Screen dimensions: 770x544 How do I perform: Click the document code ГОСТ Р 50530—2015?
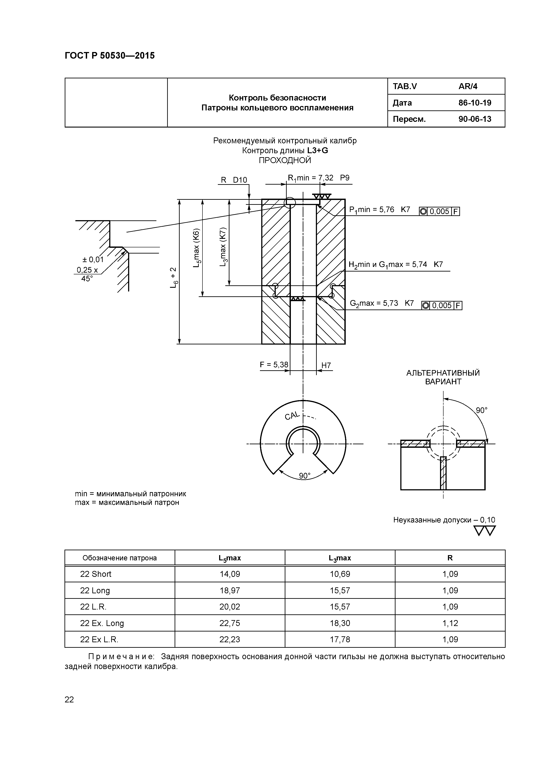click(x=110, y=56)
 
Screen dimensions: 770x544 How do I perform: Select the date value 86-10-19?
click(x=475, y=103)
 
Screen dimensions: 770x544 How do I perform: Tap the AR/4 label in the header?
click(x=468, y=86)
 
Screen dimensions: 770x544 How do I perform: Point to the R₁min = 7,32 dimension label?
click(x=310, y=178)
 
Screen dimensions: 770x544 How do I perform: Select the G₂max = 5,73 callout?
click(x=374, y=304)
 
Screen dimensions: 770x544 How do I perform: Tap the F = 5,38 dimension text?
click(x=274, y=365)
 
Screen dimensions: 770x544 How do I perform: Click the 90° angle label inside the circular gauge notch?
click(x=305, y=476)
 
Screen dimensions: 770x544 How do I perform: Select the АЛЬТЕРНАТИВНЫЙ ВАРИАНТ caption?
click(x=443, y=377)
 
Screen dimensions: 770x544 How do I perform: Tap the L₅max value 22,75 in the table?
click(x=230, y=623)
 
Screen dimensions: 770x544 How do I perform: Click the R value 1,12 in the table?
click(x=450, y=623)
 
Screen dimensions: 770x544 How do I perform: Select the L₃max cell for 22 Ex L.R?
click(x=340, y=640)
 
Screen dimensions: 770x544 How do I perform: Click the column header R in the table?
click(x=450, y=558)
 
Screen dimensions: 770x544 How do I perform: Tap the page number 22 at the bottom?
click(x=69, y=700)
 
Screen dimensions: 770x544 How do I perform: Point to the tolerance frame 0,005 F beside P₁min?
click(x=439, y=212)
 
